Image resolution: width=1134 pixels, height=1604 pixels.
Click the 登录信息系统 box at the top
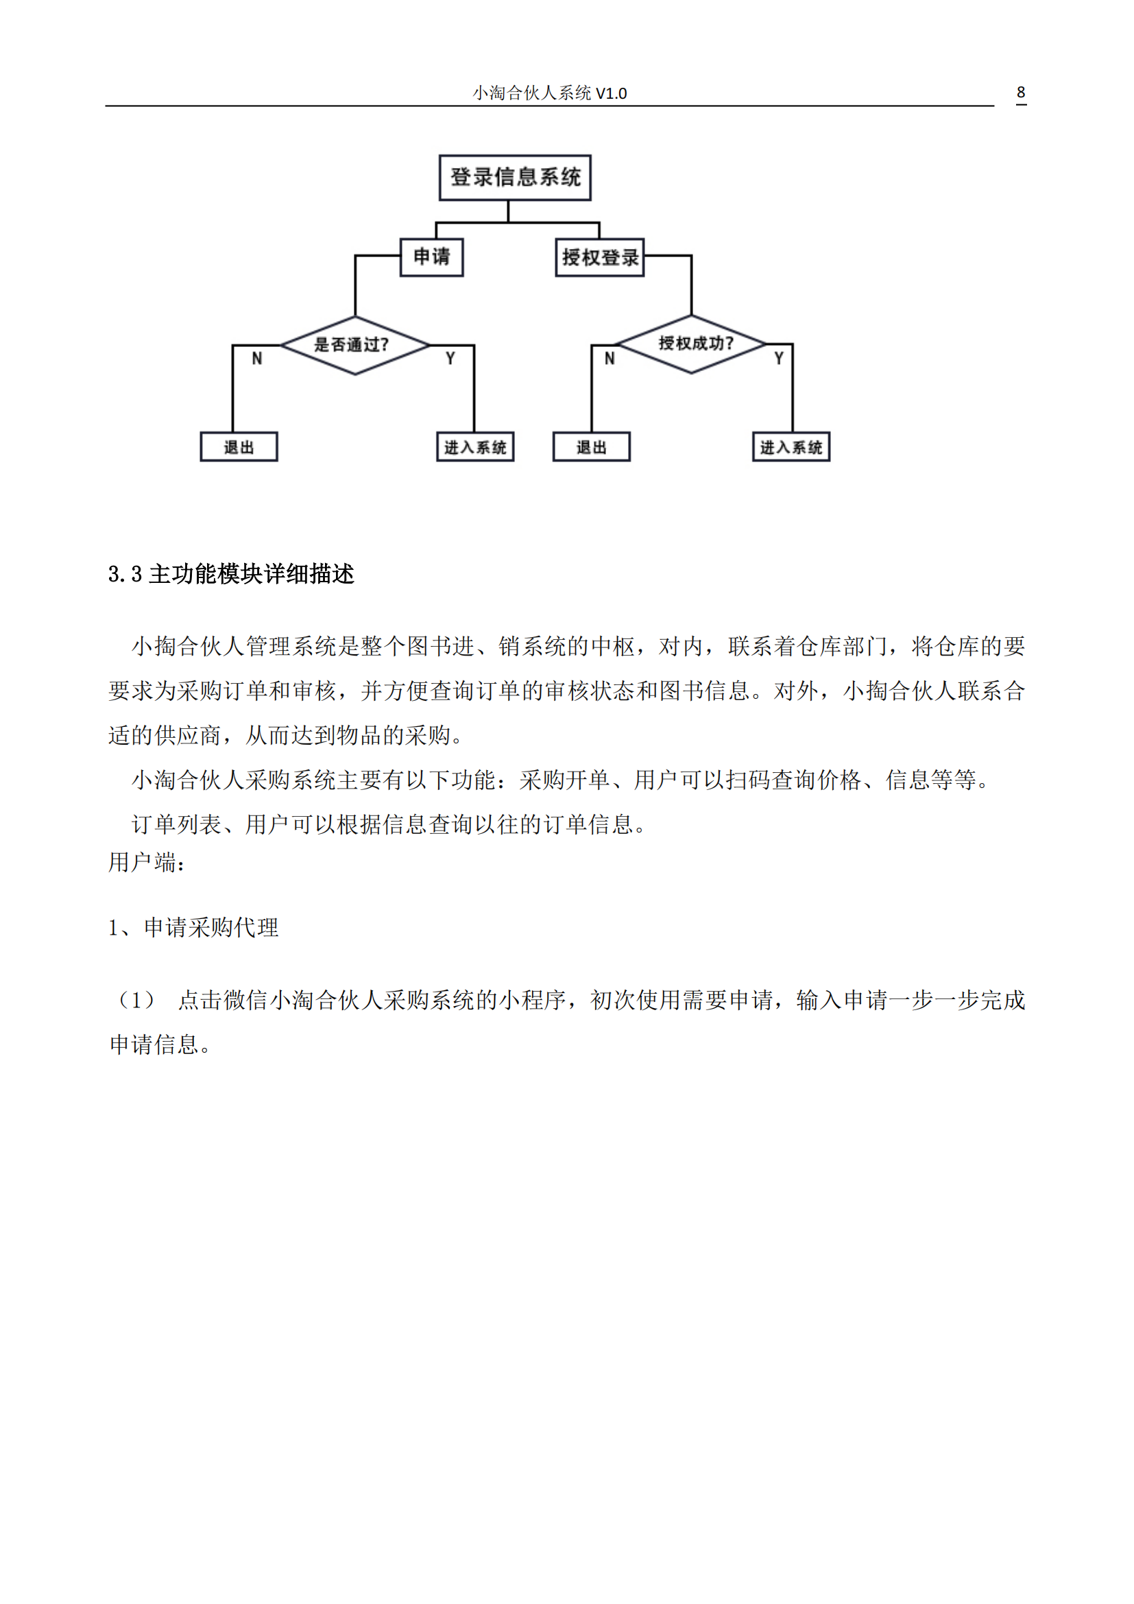coord(515,178)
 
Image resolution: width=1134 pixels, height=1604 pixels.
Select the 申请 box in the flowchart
coord(431,257)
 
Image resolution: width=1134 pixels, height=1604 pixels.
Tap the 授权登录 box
coord(599,258)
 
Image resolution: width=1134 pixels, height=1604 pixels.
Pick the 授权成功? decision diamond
coord(692,344)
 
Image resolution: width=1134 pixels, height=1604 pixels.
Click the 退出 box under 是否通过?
coord(239,447)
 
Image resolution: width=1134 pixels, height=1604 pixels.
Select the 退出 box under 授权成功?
coord(592,447)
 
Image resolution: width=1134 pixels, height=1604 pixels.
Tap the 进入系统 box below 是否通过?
coord(475,447)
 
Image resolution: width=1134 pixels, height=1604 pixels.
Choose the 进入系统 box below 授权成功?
coord(791,447)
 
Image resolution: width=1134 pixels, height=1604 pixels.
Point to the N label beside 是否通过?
coord(257,359)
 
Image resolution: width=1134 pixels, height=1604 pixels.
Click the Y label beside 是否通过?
coord(450,359)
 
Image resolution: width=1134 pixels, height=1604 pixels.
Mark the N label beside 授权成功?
coord(610,359)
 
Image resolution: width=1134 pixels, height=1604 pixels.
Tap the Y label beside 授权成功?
coord(779,359)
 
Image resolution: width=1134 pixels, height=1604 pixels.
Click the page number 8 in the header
coord(1020,92)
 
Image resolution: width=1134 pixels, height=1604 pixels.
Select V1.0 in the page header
coord(611,93)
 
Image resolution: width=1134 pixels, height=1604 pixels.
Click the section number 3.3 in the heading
coord(125,574)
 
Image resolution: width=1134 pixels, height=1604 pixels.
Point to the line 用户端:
coord(147,863)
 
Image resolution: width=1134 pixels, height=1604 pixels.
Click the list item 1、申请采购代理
coord(193,928)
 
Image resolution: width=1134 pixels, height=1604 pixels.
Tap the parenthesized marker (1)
coord(136,1001)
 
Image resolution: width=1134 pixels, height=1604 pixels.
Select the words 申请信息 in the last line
coord(154,1045)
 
